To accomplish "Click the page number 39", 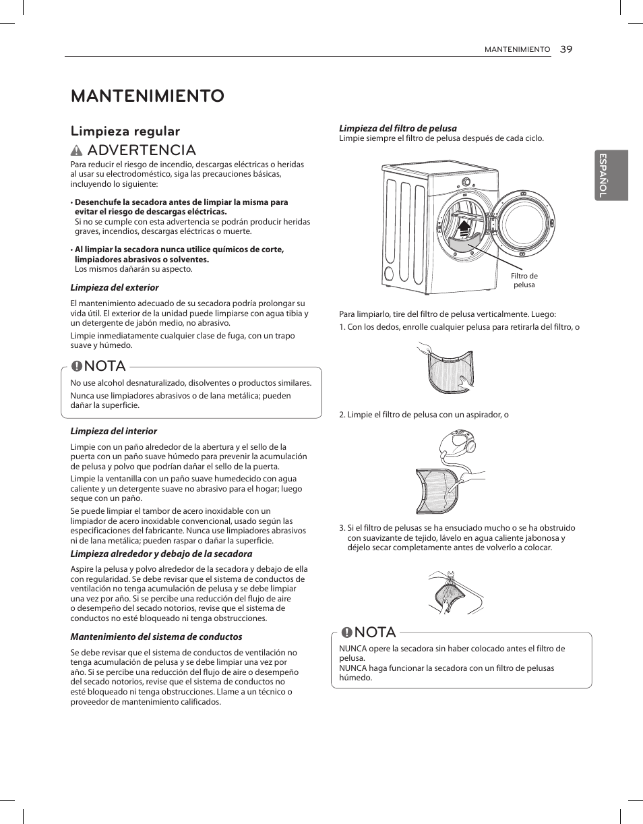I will [x=565, y=49].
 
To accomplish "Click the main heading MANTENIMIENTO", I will [x=148, y=96].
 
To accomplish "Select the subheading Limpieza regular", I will [x=125, y=131].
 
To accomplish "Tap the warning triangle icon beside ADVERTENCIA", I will [x=78, y=150].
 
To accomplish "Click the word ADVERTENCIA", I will [x=142, y=150].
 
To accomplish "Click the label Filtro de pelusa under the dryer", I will [x=524, y=281].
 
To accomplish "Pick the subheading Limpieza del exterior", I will [x=115, y=287].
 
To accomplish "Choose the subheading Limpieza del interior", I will [x=114, y=431].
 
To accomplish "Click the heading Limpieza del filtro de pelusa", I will [x=398, y=128].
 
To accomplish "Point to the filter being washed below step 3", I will [x=449, y=594].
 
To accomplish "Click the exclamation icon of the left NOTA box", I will [x=78, y=366].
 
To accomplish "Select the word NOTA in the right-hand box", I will [x=375, y=632].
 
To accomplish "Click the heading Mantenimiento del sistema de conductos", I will [x=156, y=637].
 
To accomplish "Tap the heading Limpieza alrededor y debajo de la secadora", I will [x=162, y=554].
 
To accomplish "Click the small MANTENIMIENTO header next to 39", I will [x=518, y=50].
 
